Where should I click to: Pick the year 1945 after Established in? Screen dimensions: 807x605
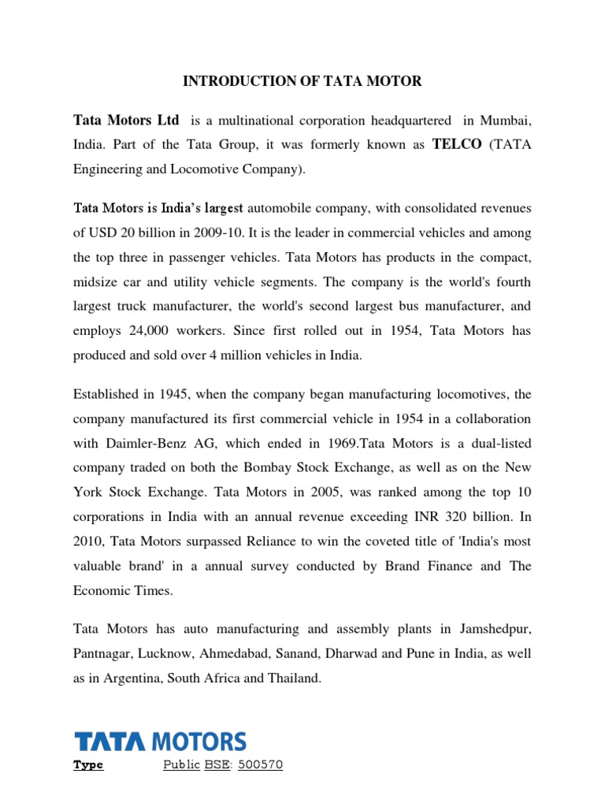tap(180, 394)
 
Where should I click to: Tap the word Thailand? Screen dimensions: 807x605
tap(295, 678)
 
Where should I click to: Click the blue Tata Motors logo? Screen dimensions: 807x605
tap(160, 742)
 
